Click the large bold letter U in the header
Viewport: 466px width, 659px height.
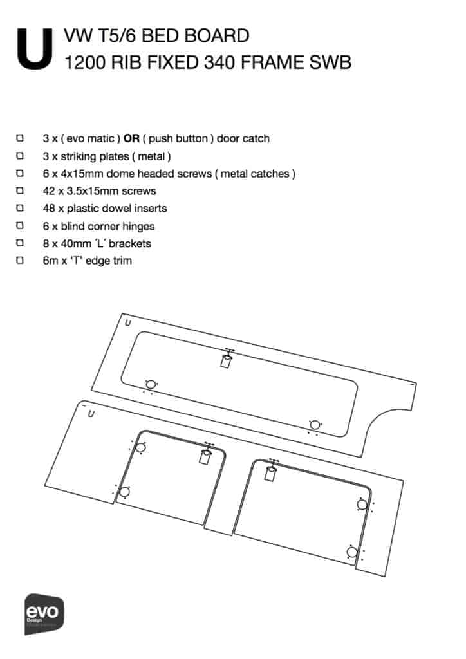click(x=35, y=49)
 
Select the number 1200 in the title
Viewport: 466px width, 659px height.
click(x=85, y=62)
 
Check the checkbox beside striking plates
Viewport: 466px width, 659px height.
click(x=20, y=156)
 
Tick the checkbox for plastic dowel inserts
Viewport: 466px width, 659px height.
click(x=20, y=208)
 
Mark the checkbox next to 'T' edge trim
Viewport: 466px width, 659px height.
click(x=20, y=261)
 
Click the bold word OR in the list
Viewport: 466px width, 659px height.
click(x=131, y=139)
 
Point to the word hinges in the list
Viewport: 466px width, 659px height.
click(x=138, y=227)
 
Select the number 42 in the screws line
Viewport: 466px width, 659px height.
click(x=49, y=191)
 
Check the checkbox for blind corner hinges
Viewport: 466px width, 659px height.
click(x=20, y=226)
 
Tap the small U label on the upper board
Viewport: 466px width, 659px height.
click(x=128, y=323)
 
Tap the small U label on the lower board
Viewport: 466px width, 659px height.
click(x=91, y=414)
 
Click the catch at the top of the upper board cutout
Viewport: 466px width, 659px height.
click(x=227, y=359)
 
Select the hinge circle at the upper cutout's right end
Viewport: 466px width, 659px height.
click(x=315, y=425)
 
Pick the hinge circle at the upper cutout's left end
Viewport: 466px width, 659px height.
click(x=151, y=384)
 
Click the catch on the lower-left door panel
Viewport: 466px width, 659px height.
click(x=205, y=456)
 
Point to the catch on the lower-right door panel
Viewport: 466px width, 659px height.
click(x=271, y=473)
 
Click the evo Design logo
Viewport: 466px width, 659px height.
click(x=44, y=614)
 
